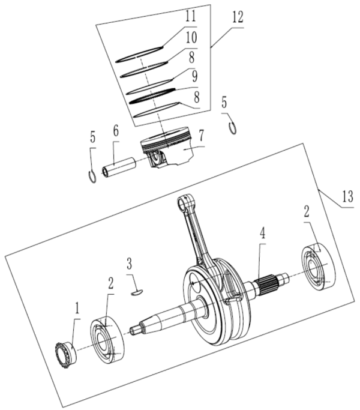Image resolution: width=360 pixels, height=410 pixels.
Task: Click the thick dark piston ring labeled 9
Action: [153, 94]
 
